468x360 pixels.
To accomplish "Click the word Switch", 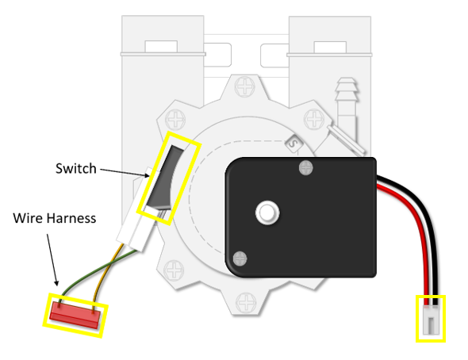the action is [76, 169].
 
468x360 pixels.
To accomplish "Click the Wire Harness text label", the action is [55, 218].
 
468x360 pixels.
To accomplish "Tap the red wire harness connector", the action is [75, 315].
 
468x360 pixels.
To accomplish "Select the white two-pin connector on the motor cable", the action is [431, 320].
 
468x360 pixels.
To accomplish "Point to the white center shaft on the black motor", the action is [267, 213].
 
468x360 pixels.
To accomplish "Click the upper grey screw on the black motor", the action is [305, 167].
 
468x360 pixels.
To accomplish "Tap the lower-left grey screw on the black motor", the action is [240, 259].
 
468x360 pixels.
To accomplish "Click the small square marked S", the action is [293, 144].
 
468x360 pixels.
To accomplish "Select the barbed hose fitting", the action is [346, 101].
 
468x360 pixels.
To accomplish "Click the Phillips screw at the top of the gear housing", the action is [245, 86].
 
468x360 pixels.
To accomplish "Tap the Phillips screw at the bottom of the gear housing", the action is [246, 303].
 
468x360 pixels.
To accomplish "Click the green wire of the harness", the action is [96, 271].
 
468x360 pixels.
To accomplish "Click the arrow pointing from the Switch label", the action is [125, 173].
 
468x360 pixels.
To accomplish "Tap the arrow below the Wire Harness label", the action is [52, 260].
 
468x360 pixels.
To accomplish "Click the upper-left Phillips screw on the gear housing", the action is [175, 120].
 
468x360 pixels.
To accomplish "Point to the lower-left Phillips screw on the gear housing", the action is [174, 270].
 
